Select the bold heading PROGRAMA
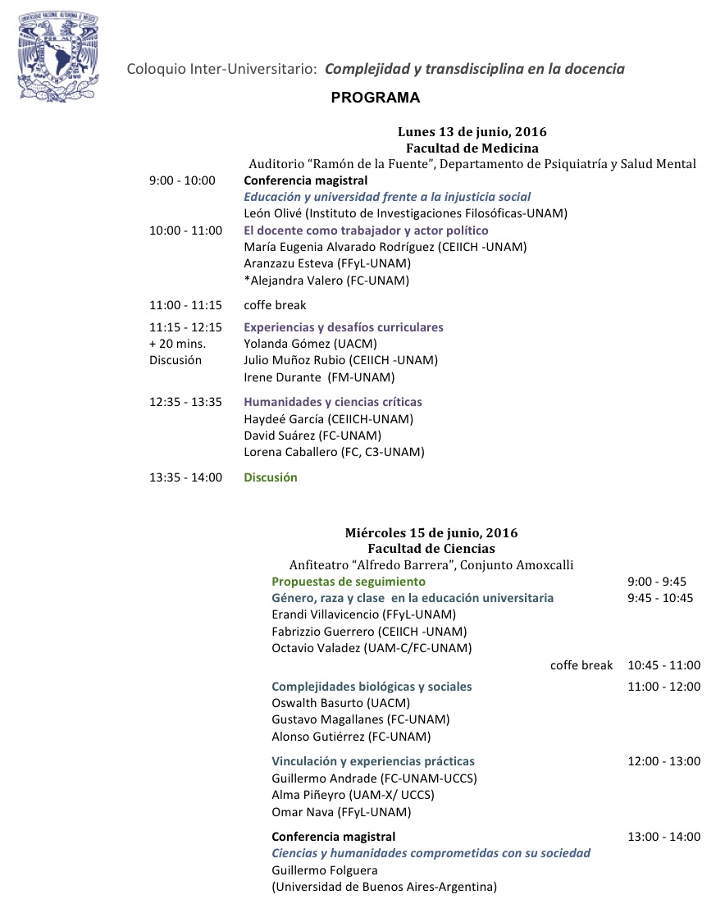[x=375, y=98]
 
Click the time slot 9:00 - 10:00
[x=182, y=180]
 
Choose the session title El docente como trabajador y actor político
[x=366, y=231]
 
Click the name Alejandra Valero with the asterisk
[x=326, y=281]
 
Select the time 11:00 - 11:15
[x=185, y=305]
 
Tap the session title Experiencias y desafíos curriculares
[x=343, y=327]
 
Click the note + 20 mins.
[x=177, y=344]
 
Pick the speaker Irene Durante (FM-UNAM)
[x=319, y=377]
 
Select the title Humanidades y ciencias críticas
[x=333, y=402]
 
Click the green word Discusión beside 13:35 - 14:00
[x=270, y=477]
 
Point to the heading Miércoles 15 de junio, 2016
[x=431, y=533]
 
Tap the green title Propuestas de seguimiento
[x=349, y=582]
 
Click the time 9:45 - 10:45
[x=659, y=598]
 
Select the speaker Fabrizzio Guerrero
[x=368, y=632]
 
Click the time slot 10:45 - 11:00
[x=663, y=665]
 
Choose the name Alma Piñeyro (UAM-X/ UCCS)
[x=353, y=795]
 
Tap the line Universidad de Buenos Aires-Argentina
[x=384, y=887]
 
